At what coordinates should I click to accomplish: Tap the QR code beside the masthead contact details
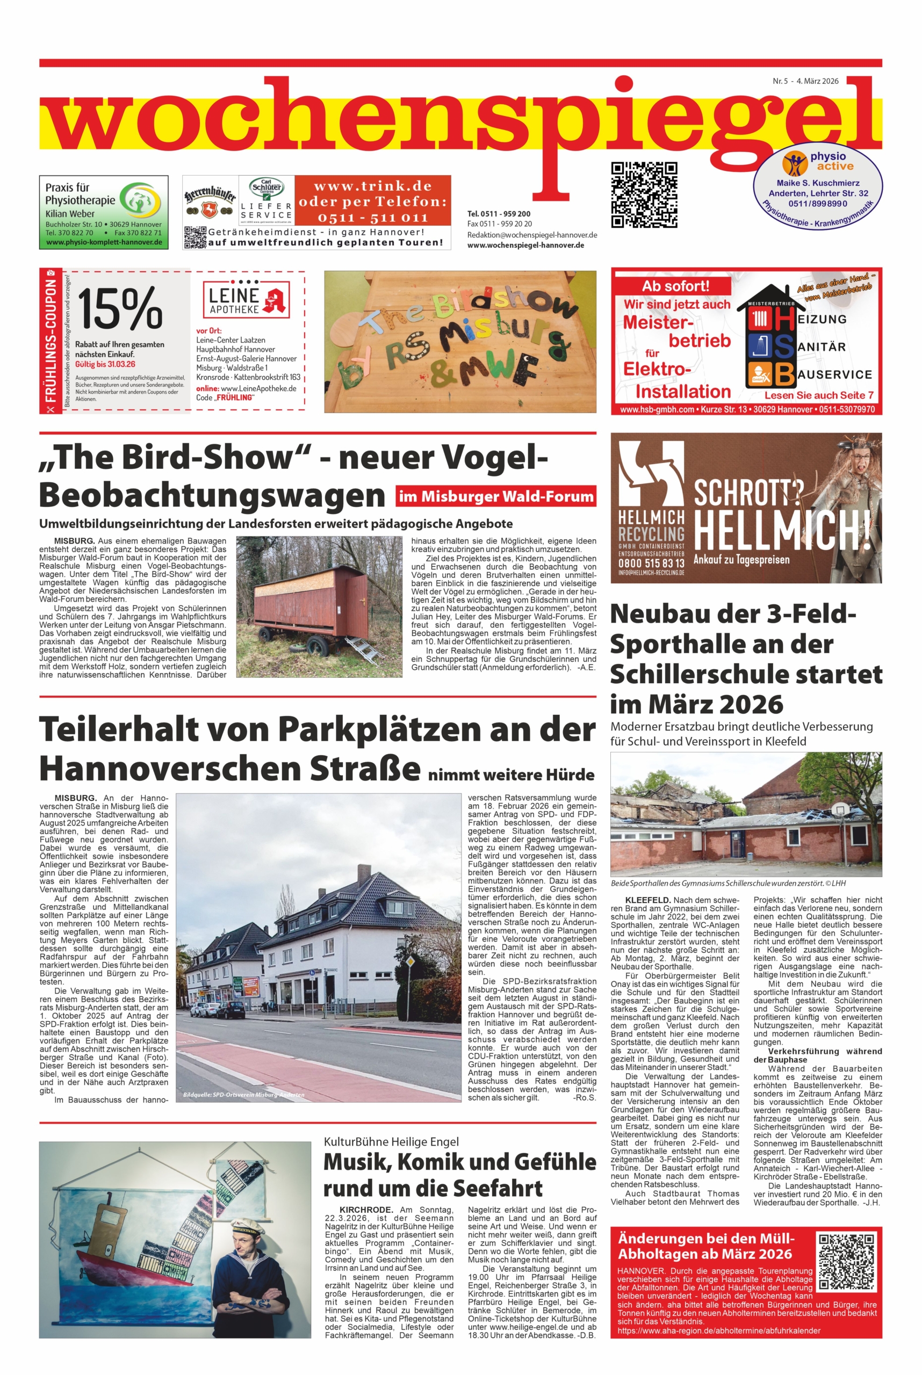pyautogui.click(x=644, y=194)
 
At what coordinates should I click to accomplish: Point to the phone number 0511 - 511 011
pyautogui.click(x=373, y=218)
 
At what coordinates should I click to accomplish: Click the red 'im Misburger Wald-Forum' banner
pyautogui.click(x=496, y=496)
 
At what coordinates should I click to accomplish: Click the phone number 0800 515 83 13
pyautogui.click(x=651, y=563)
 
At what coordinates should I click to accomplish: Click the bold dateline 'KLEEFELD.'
pyautogui.click(x=648, y=900)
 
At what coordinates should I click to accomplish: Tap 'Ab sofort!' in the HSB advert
pyautogui.click(x=675, y=286)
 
